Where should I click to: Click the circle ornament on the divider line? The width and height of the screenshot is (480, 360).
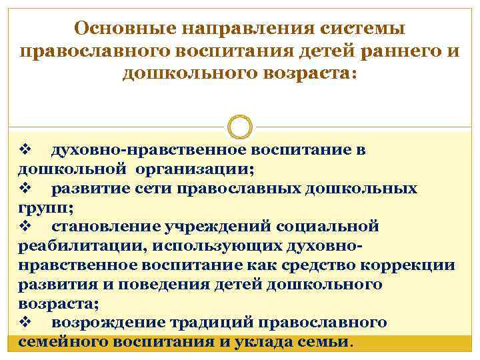[240, 127]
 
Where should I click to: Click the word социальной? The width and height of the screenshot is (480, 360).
[331, 227]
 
